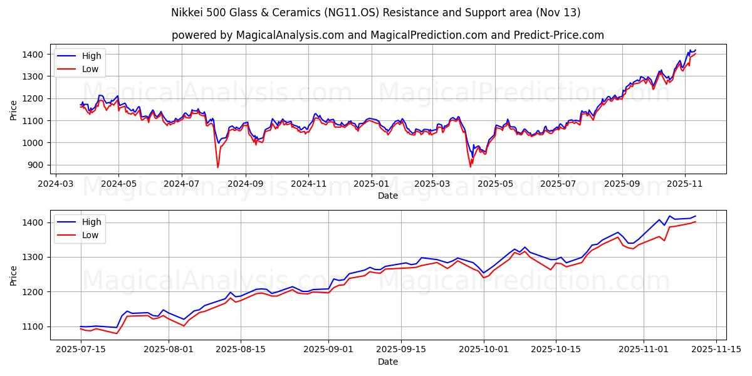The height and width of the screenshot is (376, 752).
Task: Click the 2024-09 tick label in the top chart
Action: click(245, 184)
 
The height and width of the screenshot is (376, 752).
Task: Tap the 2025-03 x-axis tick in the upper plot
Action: click(432, 184)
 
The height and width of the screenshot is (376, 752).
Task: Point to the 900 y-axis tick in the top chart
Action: click(34, 165)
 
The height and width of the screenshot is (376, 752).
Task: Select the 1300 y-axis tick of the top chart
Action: click(32, 76)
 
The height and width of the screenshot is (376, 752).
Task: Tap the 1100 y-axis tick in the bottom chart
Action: click(32, 326)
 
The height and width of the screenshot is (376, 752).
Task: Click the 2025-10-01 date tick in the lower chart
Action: click(484, 350)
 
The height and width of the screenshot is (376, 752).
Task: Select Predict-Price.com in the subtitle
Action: click(557, 35)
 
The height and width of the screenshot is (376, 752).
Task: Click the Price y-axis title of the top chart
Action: click(14, 109)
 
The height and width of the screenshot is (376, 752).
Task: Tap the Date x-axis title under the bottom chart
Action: click(388, 362)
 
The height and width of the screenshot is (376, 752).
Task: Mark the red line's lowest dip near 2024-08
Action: click(218, 167)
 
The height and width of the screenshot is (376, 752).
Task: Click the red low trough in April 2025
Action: click(471, 166)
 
